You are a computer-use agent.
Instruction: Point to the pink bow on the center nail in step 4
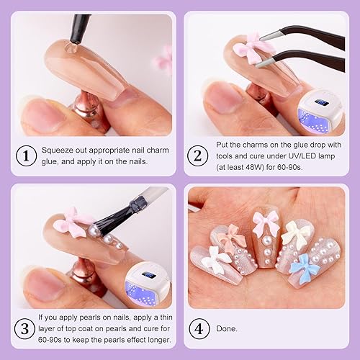tap(266, 224)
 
